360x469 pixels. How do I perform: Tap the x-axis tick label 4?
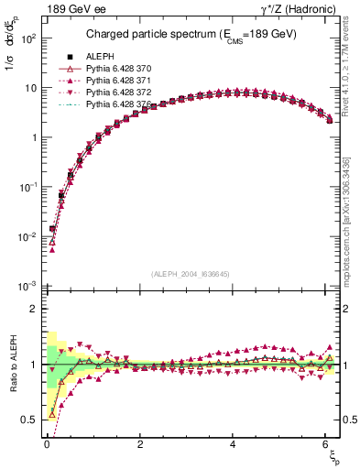coord(234,444)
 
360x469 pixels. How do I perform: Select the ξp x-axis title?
coord(332,457)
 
